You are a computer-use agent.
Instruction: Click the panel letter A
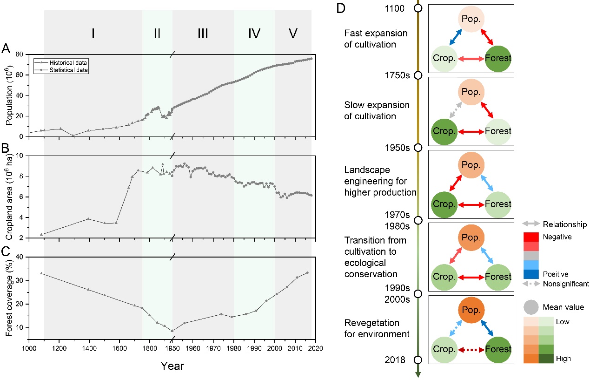point(6,48)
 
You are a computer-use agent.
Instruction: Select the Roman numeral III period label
point(203,34)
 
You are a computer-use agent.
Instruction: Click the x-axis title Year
point(172,366)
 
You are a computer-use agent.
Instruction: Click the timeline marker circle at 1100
point(418,8)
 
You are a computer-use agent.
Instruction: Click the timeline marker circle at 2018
point(418,360)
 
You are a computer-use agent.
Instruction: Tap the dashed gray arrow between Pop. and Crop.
point(449,112)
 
